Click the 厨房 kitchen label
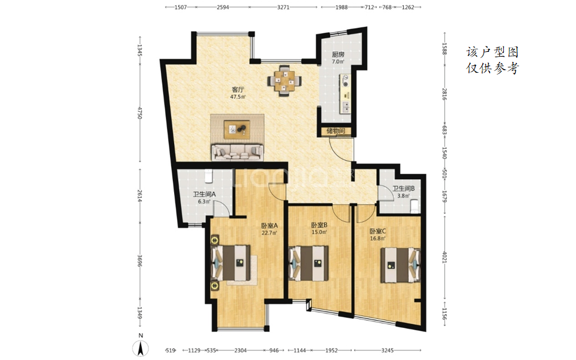[x=338, y=54]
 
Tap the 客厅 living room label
[x=238, y=89]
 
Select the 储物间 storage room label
[x=336, y=131]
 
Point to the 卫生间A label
[x=205, y=195]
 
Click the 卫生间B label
[x=403, y=188]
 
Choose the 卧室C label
[x=377, y=231]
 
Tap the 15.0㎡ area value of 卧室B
[x=319, y=232]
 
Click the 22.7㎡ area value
[x=269, y=232]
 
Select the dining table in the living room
[x=284, y=80]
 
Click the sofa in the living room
[x=237, y=152]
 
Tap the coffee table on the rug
[x=237, y=129]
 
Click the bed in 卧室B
[x=308, y=263]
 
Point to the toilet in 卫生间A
[x=208, y=176]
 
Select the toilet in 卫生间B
[x=415, y=206]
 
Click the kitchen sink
[x=346, y=107]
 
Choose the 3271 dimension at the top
[x=283, y=7]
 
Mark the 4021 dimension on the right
[x=444, y=256]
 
